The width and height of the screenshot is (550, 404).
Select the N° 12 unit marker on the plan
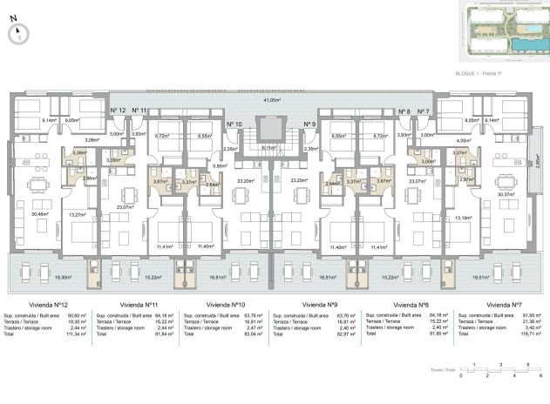[119, 111]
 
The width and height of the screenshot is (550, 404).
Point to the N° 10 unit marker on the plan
[234, 125]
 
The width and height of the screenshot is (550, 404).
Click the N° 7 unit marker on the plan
[424, 111]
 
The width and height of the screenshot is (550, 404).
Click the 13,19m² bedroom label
[464, 218]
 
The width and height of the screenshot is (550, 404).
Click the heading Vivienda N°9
[319, 305]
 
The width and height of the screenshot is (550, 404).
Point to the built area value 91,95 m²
[528, 315]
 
